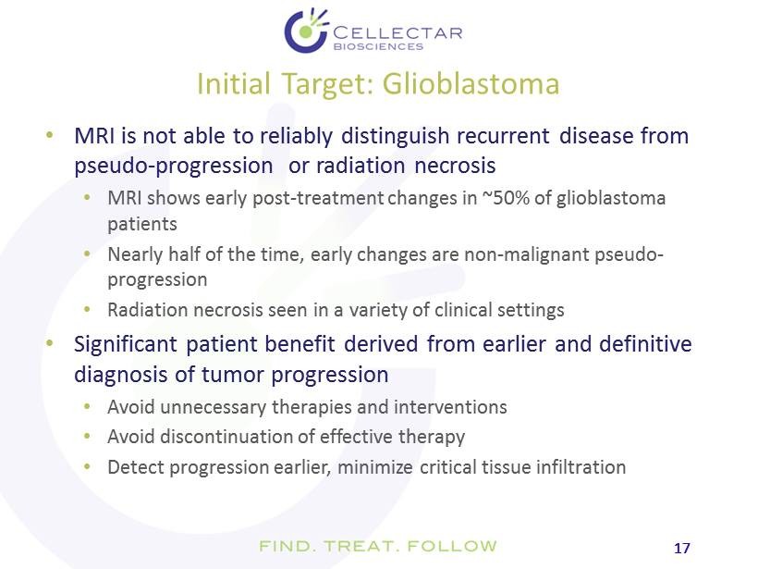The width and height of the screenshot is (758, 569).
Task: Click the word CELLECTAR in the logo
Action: [397, 33]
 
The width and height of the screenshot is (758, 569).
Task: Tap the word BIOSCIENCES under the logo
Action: [378, 47]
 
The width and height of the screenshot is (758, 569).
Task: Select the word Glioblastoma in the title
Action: [471, 83]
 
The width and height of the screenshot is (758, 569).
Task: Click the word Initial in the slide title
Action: [234, 83]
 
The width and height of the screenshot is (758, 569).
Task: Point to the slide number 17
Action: [681, 549]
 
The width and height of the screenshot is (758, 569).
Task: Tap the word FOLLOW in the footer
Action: [452, 546]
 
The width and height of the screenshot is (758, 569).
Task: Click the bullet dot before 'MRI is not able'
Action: [49, 135]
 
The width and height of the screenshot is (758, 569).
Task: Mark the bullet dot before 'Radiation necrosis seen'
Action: [87, 309]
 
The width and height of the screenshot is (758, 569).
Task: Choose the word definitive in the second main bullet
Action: [645, 344]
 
